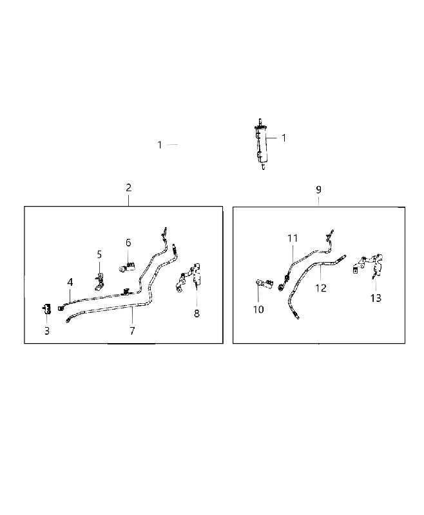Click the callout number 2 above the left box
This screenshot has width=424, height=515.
(128, 187)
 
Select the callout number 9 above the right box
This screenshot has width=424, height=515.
(318, 189)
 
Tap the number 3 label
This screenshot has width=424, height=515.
(47, 331)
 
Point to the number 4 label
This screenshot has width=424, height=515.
(70, 282)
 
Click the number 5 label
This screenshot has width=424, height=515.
(99, 254)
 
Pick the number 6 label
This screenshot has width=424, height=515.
(128, 243)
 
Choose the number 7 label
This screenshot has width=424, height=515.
(132, 331)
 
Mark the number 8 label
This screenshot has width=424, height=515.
(197, 314)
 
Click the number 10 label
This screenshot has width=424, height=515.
(258, 310)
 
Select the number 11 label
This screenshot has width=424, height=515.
(293, 238)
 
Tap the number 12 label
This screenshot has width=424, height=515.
(321, 288)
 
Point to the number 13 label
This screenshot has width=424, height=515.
(376, 298)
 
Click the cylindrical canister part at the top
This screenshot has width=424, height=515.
(261, 144)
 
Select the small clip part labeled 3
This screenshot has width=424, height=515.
(46, 309)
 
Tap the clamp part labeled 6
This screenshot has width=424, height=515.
(128, 267)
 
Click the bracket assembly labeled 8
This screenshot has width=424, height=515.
(189, 277)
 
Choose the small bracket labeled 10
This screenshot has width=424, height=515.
(264, 284)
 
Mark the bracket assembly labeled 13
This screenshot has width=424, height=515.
(369, 265)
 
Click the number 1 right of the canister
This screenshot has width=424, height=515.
(284, 138)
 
